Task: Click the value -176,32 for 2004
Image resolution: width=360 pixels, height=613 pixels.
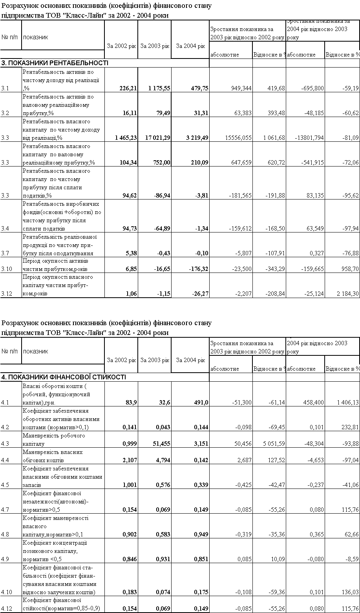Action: tap(198, 269)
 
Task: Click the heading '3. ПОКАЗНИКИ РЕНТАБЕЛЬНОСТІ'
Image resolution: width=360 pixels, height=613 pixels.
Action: tap(55, 63)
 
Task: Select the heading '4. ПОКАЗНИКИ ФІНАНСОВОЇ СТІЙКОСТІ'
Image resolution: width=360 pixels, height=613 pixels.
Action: tap(64, 377)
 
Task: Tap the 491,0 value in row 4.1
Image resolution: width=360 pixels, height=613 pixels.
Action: tap(201, 403)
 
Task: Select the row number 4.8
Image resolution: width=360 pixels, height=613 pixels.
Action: tap(6, 534)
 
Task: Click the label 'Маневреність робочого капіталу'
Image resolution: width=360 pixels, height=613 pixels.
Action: tap(54, 439)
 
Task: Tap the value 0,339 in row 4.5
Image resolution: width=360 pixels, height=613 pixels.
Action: tap(201, 485)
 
